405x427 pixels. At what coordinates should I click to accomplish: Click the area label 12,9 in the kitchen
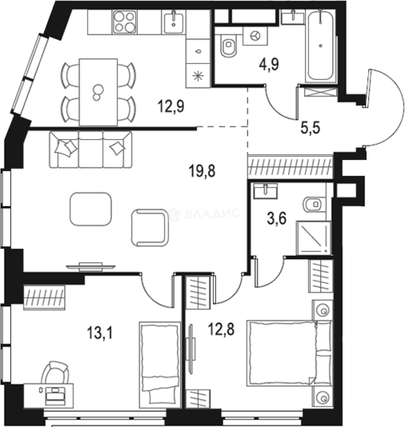coord(171,106)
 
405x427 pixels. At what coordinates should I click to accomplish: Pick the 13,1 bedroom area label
coord(101,334)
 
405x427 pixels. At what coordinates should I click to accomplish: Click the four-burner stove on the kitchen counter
coord(124,22)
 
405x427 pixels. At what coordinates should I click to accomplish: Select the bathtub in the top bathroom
coord(321,46)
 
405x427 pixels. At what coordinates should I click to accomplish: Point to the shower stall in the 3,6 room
coord(313,238)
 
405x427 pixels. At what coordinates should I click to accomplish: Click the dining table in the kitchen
coord(98,92)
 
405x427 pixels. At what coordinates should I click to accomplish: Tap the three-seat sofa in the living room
coord(91,149)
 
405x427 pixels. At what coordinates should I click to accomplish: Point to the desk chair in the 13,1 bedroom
coord(55,372)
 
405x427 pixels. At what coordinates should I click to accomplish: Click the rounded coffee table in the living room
coord(91,209)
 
